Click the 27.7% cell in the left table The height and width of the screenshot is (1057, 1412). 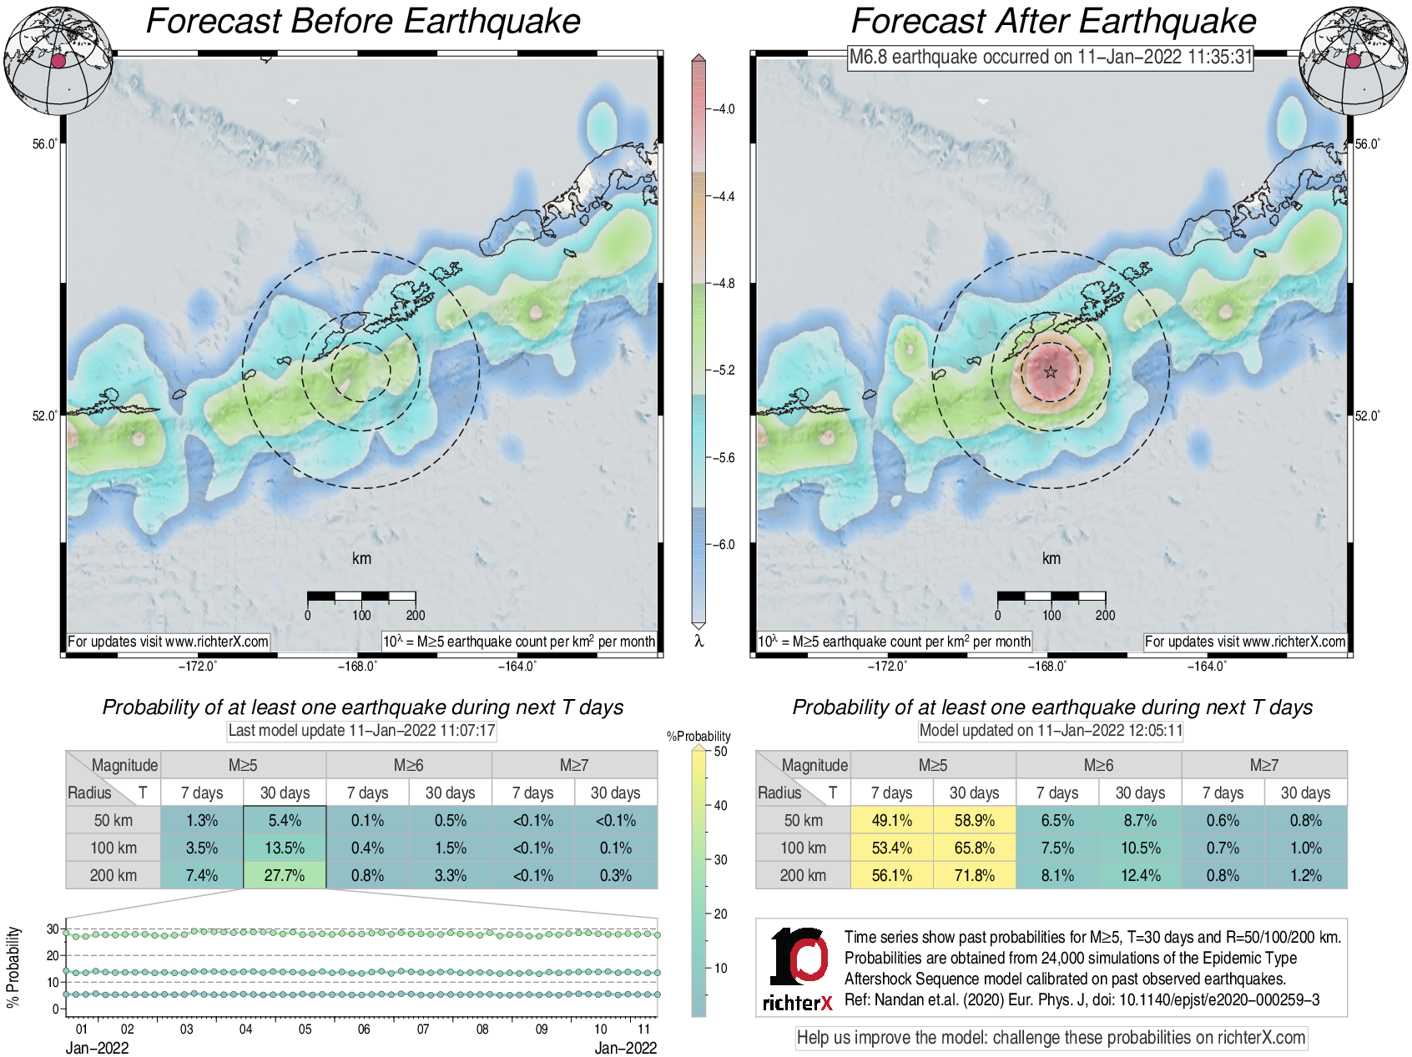tap(285, 875)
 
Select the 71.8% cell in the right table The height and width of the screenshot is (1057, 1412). tap(974, 875)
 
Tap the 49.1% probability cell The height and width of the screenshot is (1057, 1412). tap(891, 820)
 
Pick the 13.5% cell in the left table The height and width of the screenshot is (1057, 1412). tap(285, 848)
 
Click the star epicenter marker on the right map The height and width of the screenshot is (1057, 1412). tap(1051, 372)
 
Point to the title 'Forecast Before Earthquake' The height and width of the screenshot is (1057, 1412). tap(363, 21)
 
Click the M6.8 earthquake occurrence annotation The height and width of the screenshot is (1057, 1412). tap(1051, 57)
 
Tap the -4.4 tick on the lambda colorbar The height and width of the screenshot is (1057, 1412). tap(723, 197)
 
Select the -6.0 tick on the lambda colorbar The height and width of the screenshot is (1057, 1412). tap(723, 545)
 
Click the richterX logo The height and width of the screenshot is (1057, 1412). tap(798, 969)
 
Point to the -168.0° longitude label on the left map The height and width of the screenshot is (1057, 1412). tap(357, 666)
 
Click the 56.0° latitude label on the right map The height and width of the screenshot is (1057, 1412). tap(1367, 144)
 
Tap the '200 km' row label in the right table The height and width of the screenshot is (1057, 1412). tap(803, 875)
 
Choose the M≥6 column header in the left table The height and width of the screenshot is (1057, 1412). tap(408, 765)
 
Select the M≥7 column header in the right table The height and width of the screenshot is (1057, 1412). tap(1263, 765)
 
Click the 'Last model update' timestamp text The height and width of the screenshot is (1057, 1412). tap(362, 731)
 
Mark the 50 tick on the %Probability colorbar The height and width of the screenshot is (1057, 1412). tap(720, 752)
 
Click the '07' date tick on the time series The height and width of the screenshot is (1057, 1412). tap(423, 1029)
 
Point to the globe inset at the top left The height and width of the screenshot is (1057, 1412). tap(58, 60)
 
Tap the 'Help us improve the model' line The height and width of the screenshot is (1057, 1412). tap(1051, 1038)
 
